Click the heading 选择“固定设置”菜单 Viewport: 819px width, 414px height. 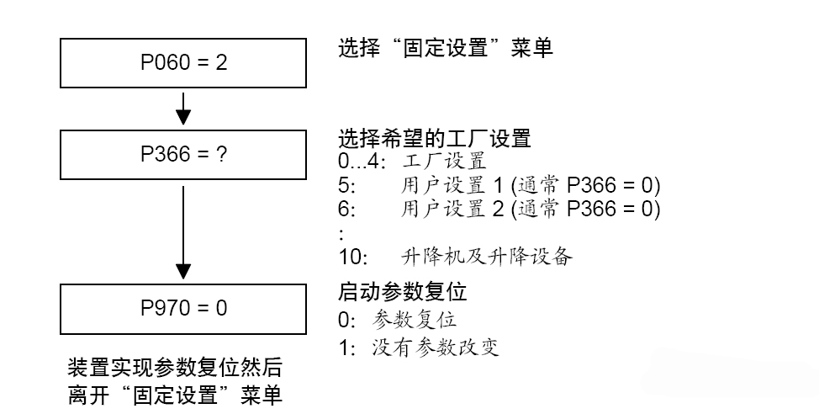(445, 48)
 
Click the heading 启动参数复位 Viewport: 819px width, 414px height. (402, 293)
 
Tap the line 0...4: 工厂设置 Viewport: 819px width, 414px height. (412, 161)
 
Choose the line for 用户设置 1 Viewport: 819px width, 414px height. (499, 185)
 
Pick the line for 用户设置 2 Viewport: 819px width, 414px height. (499, 208)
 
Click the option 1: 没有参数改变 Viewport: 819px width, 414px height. (418, 347)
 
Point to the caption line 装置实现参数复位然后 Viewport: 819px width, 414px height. (175, 369)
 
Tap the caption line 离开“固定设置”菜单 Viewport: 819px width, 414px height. (175, 395)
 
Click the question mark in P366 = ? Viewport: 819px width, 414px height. (222, 155)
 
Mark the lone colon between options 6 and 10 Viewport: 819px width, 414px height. (341, 232)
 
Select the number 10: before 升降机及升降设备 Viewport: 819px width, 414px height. (353, 257)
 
